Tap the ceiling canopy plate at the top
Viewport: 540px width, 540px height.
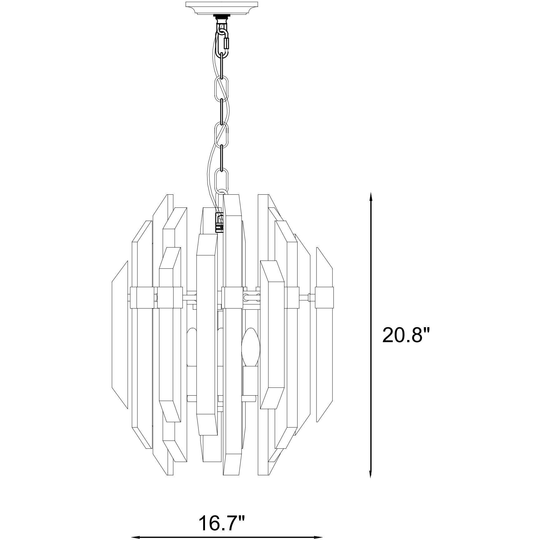coord(222,7)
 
